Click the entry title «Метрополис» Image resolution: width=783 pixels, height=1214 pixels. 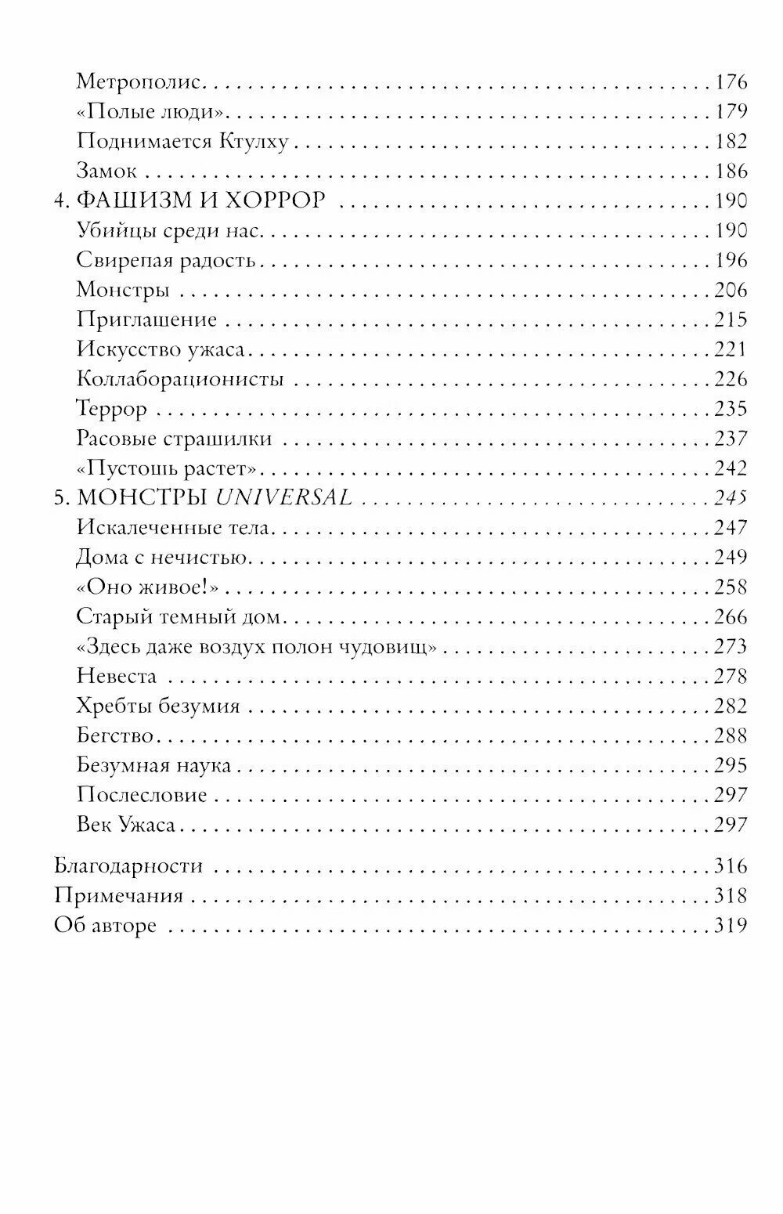click(x=139, y=82)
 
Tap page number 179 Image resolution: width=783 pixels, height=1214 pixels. click(x=731, y=112)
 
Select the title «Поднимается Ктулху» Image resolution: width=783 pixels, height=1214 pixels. click(x=182, y=142)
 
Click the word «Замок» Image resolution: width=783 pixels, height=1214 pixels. click(x=106, y=172)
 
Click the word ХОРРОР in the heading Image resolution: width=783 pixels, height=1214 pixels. click(x=275, y=201)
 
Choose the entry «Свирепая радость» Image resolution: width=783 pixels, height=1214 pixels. click(x=166, y=261)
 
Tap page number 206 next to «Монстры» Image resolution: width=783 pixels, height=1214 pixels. click(x=731, y=291)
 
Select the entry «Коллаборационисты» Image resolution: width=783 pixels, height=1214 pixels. click(x=180, y=380)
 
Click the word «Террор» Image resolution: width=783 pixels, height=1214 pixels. click(x=112, y=410)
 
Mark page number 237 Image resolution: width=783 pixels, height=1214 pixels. click(x=731, y=439)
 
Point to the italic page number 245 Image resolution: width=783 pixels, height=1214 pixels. click(x=731, y=498)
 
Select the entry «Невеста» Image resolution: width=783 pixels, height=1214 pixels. click(x=117, y=677)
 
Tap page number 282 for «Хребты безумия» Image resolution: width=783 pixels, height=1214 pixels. click(x=731, y=706)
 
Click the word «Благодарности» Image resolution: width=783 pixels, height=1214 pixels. click(x=128, y=866)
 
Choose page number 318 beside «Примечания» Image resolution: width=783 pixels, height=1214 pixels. click(x=731, y=896)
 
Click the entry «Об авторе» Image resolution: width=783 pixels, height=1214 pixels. click(x=105, y=926)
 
